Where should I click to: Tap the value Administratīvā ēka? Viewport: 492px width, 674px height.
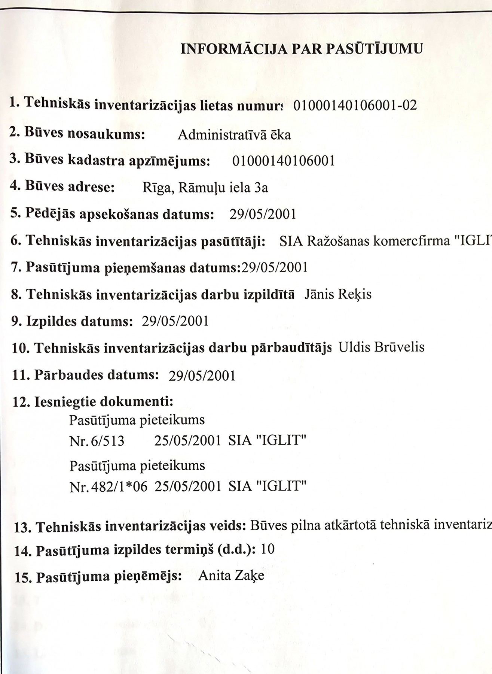click(234, 135)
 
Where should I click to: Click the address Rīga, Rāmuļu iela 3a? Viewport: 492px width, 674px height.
click(205, 187)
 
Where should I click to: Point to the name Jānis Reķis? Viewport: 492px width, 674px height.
click(338, 294)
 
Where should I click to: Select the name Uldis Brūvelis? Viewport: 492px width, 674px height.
click(381, 347)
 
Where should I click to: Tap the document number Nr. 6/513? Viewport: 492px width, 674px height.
click(97, 441)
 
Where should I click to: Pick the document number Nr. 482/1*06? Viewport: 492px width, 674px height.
click(109, 487)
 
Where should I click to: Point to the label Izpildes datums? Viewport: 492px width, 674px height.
click(79, 321)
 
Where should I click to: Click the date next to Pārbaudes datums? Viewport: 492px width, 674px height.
click(202, 376)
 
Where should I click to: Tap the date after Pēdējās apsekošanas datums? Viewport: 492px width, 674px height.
click(263, 214)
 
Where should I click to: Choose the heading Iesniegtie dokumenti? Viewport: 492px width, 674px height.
click(104, 402)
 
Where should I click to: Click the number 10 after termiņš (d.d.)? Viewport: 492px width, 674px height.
click(268, 549)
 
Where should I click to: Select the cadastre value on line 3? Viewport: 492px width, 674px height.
click(283, 161)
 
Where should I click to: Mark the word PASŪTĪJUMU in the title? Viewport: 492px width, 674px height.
click(375, 49)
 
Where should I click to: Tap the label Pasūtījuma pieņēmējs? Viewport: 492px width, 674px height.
click(109, 577)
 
